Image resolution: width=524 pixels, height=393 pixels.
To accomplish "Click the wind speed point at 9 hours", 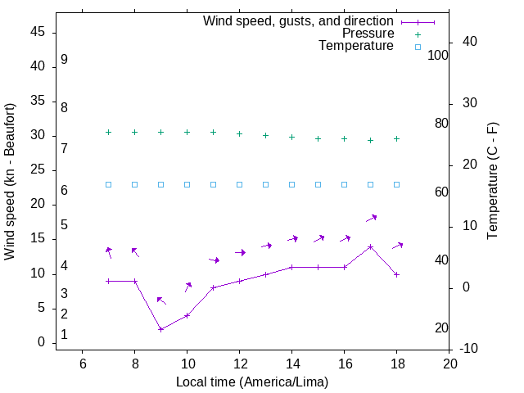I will tap(161, 329).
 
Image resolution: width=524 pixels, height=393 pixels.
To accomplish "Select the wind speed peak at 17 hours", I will tap(371, 246).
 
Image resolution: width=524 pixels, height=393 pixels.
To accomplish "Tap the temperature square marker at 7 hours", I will tap(109, 184).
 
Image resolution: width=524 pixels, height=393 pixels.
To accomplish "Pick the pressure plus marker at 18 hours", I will tap(397, 138).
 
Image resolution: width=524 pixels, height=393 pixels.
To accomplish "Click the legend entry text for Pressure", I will tap(368, 34).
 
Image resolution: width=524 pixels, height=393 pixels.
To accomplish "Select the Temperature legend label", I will tap(356, 46).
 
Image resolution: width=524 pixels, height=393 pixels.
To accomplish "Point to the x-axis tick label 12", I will tap(240, 364).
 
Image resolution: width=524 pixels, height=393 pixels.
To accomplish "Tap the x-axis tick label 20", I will tap(449, 364).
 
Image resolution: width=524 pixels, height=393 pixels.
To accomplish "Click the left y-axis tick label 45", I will tap(37, 33).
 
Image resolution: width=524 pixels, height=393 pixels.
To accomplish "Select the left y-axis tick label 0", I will tap(41, 343).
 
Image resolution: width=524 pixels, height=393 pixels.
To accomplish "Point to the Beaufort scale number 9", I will tap(64, 60).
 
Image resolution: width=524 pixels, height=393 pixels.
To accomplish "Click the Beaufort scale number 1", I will tap(64, 336).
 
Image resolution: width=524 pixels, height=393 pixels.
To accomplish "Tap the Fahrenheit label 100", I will tap(439, 55).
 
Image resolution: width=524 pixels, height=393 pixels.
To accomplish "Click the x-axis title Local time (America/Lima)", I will tap(252, 382).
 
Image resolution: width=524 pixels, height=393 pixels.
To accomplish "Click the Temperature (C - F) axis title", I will tap(493, 182).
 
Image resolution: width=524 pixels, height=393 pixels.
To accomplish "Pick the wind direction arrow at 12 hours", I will tap(240, 252).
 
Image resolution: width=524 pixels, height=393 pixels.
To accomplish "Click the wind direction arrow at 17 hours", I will tap(371, 218).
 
